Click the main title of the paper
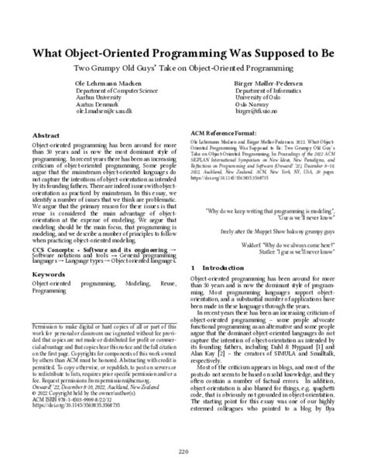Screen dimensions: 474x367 pyautogui.click(x=183, y=57)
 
